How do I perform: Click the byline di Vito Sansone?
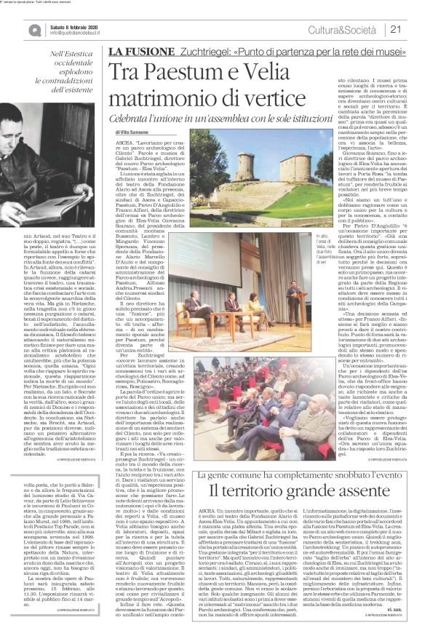[135, 132]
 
